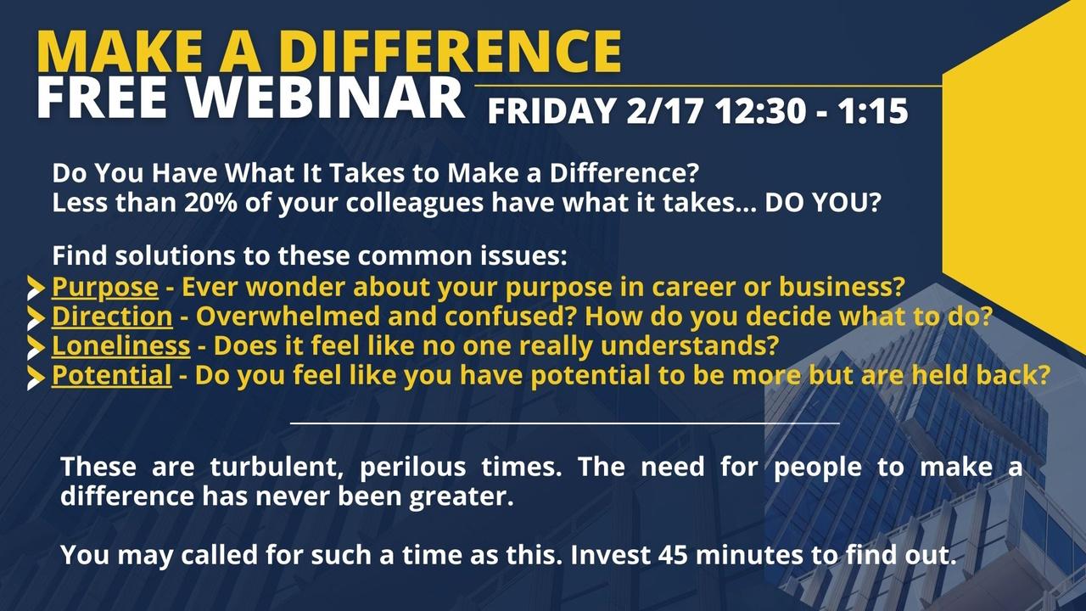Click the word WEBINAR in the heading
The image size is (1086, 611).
(327, 98)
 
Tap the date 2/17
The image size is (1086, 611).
(664, 111)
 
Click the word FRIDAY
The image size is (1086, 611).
(551, 111)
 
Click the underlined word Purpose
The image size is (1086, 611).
(104, 288)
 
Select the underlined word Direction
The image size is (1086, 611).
(112, 317)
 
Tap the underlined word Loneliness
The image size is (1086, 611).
(120, 346)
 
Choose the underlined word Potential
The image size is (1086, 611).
(111, 376)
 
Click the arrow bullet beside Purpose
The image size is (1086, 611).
(36, 289)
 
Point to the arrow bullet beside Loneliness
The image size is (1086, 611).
(36, 348)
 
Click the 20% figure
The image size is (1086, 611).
(210, 203)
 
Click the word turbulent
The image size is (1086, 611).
(277, 467)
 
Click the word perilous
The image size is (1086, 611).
(412, 468)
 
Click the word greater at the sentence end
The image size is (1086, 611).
(461, 497)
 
